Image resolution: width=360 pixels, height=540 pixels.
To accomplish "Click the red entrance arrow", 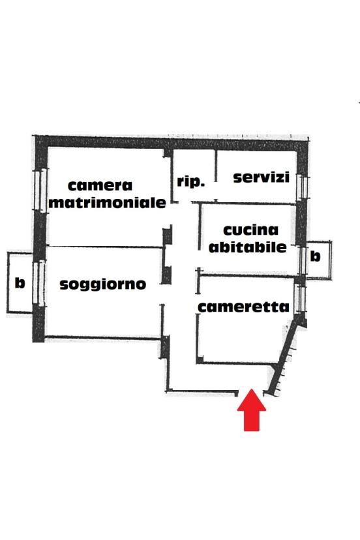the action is click(252, 410).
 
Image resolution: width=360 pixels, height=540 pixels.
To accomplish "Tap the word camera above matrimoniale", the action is click(100, 186).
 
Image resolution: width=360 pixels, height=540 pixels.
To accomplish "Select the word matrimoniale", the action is click(107, 202).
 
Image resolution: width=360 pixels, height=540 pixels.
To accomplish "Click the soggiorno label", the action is click(102, 284).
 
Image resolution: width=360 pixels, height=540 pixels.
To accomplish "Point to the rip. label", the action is click(191, 181).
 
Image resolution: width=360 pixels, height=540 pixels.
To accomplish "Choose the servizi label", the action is click(261, 177).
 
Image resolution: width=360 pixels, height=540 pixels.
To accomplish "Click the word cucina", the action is click(250, 230).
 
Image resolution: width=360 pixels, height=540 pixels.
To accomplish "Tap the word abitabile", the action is click(247, 247).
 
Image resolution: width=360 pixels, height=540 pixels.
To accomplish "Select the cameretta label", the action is click(243, 307).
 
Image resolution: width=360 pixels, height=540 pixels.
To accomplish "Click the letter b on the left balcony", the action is click(20, 283).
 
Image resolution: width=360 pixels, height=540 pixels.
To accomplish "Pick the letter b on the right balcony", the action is click(315, 256).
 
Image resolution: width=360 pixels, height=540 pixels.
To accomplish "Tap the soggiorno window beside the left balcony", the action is click(39, 283).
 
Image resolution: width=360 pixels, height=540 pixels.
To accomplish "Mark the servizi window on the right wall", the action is click(302, 187).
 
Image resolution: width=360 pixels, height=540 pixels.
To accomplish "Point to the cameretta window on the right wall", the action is click(300, 299).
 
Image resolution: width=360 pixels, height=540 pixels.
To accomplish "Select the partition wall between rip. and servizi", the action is click(216, 166).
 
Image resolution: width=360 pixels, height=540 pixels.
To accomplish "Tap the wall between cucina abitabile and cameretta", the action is click(247, 275).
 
